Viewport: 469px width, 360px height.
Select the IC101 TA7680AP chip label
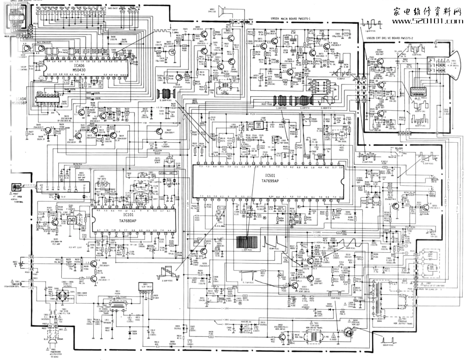pyautogui.click(x=128, y=218)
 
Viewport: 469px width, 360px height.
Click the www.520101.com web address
pyautogui.click(x=427, y=22)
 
